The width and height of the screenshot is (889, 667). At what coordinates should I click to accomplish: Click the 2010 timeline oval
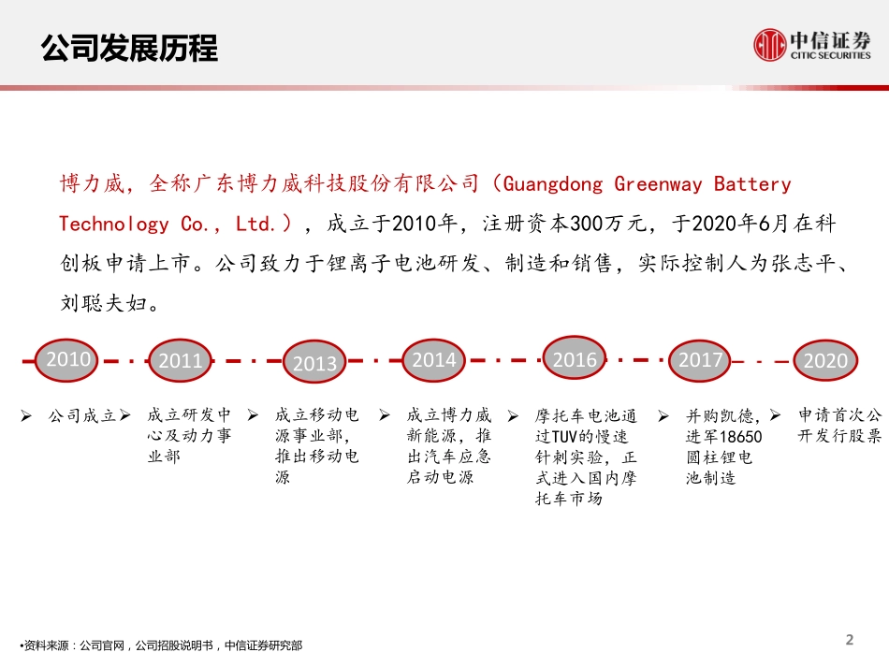[x=69, y=359]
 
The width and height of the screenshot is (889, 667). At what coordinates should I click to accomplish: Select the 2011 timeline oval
[x=181, y=360]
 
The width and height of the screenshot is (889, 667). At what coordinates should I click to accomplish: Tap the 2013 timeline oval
[x=314, y=363]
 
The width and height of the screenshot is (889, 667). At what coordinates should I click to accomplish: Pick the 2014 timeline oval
[x=434, y=359]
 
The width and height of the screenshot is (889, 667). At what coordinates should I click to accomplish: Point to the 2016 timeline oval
[x=575, y=359]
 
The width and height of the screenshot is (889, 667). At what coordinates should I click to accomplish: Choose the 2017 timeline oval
[x=701, y=359]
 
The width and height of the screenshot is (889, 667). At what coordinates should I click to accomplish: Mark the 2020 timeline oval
[x=825, y=360]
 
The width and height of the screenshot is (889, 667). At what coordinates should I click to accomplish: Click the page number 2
[x=850, y=640]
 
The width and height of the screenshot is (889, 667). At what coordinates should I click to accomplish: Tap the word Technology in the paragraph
[x=115, y=225]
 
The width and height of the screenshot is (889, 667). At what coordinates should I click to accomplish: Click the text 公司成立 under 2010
[x=82, y=415]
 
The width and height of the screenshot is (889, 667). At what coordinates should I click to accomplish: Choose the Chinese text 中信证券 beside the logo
[x=831, y=39]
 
